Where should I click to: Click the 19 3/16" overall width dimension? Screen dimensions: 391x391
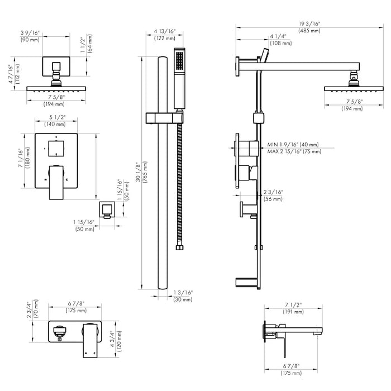tap(309, 26)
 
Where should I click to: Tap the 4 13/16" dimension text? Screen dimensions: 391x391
tap(165, 35)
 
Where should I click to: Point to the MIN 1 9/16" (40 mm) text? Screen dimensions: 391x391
tap(293, 144)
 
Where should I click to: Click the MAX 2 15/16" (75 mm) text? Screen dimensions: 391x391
tap(294, 151)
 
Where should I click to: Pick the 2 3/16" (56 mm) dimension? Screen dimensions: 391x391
tap(274, 195)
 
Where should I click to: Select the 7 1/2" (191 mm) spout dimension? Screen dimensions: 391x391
tap(293, 308)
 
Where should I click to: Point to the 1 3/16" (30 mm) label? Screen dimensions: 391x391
tap(183, 296)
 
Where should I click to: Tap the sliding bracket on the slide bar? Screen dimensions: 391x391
tap(165, 117)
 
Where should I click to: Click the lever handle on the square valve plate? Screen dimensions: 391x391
tap(56, 181)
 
